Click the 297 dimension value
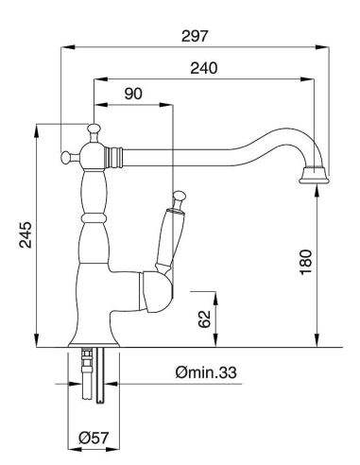(x=195, y=36)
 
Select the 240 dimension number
(x=204, y=68)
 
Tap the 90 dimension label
(x=133, y=94)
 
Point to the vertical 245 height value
(x=26, y=234)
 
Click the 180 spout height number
(x=306, y=263)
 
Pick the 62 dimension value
(x=205, y=319)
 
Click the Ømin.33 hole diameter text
(x=206, y=372)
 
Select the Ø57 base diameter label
(x=94, y=438)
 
